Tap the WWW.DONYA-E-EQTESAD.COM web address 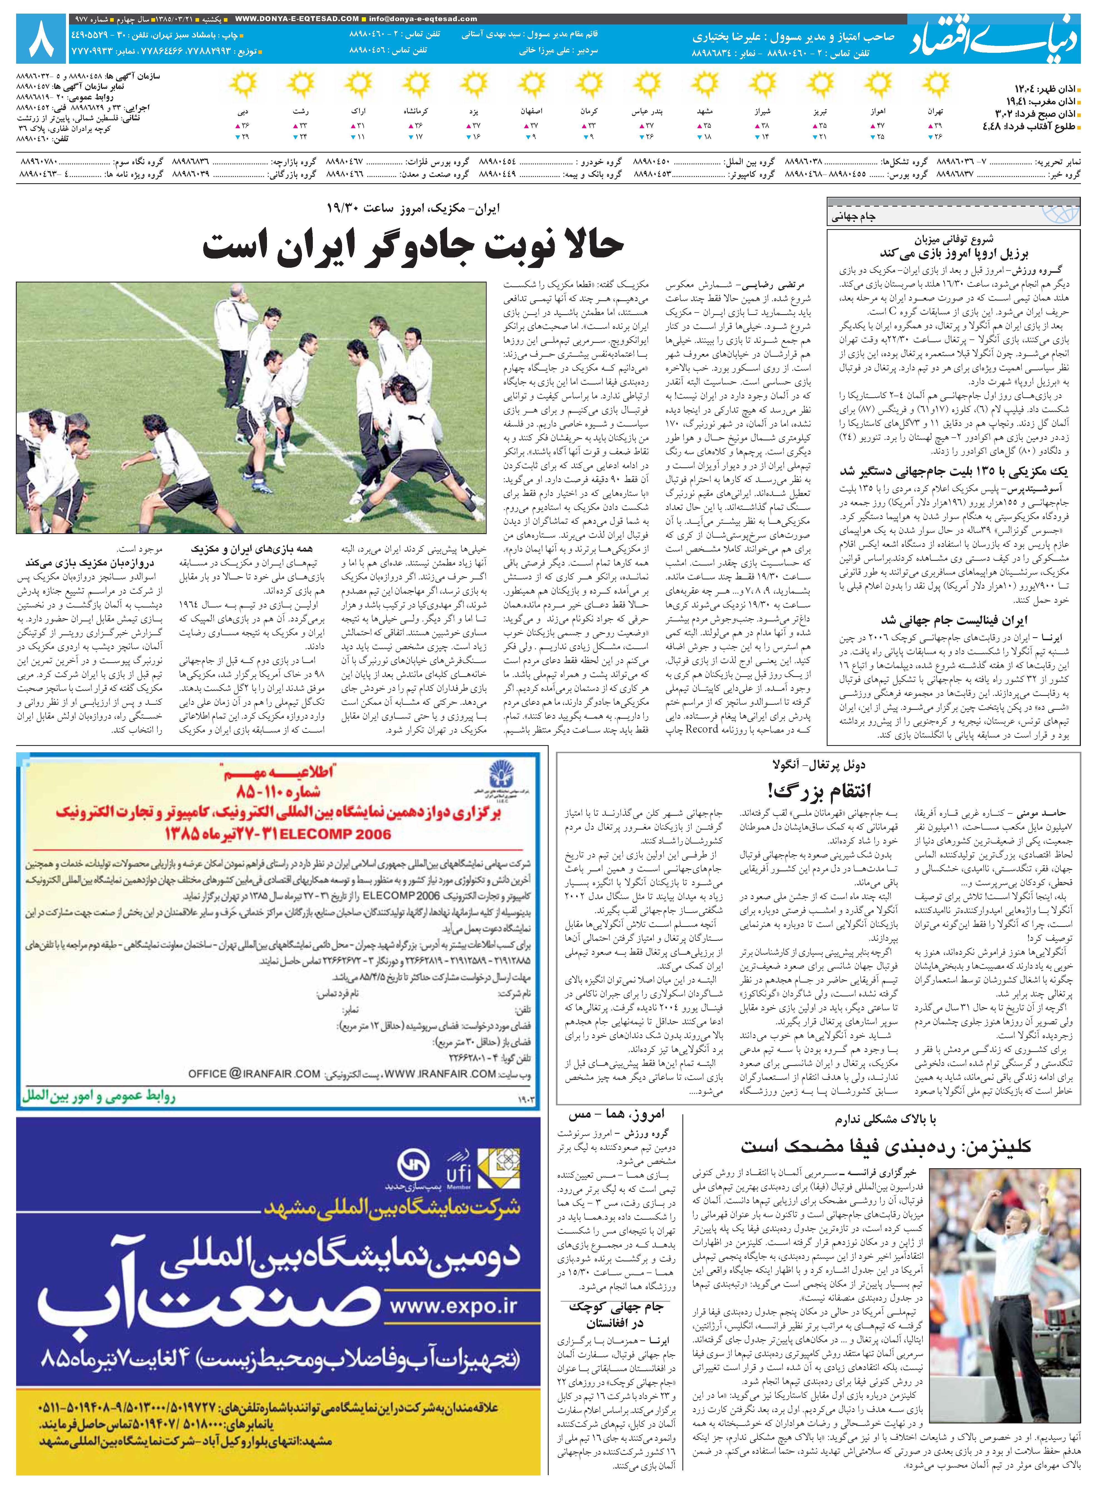(297, 19)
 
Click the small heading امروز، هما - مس (616, 1115)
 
